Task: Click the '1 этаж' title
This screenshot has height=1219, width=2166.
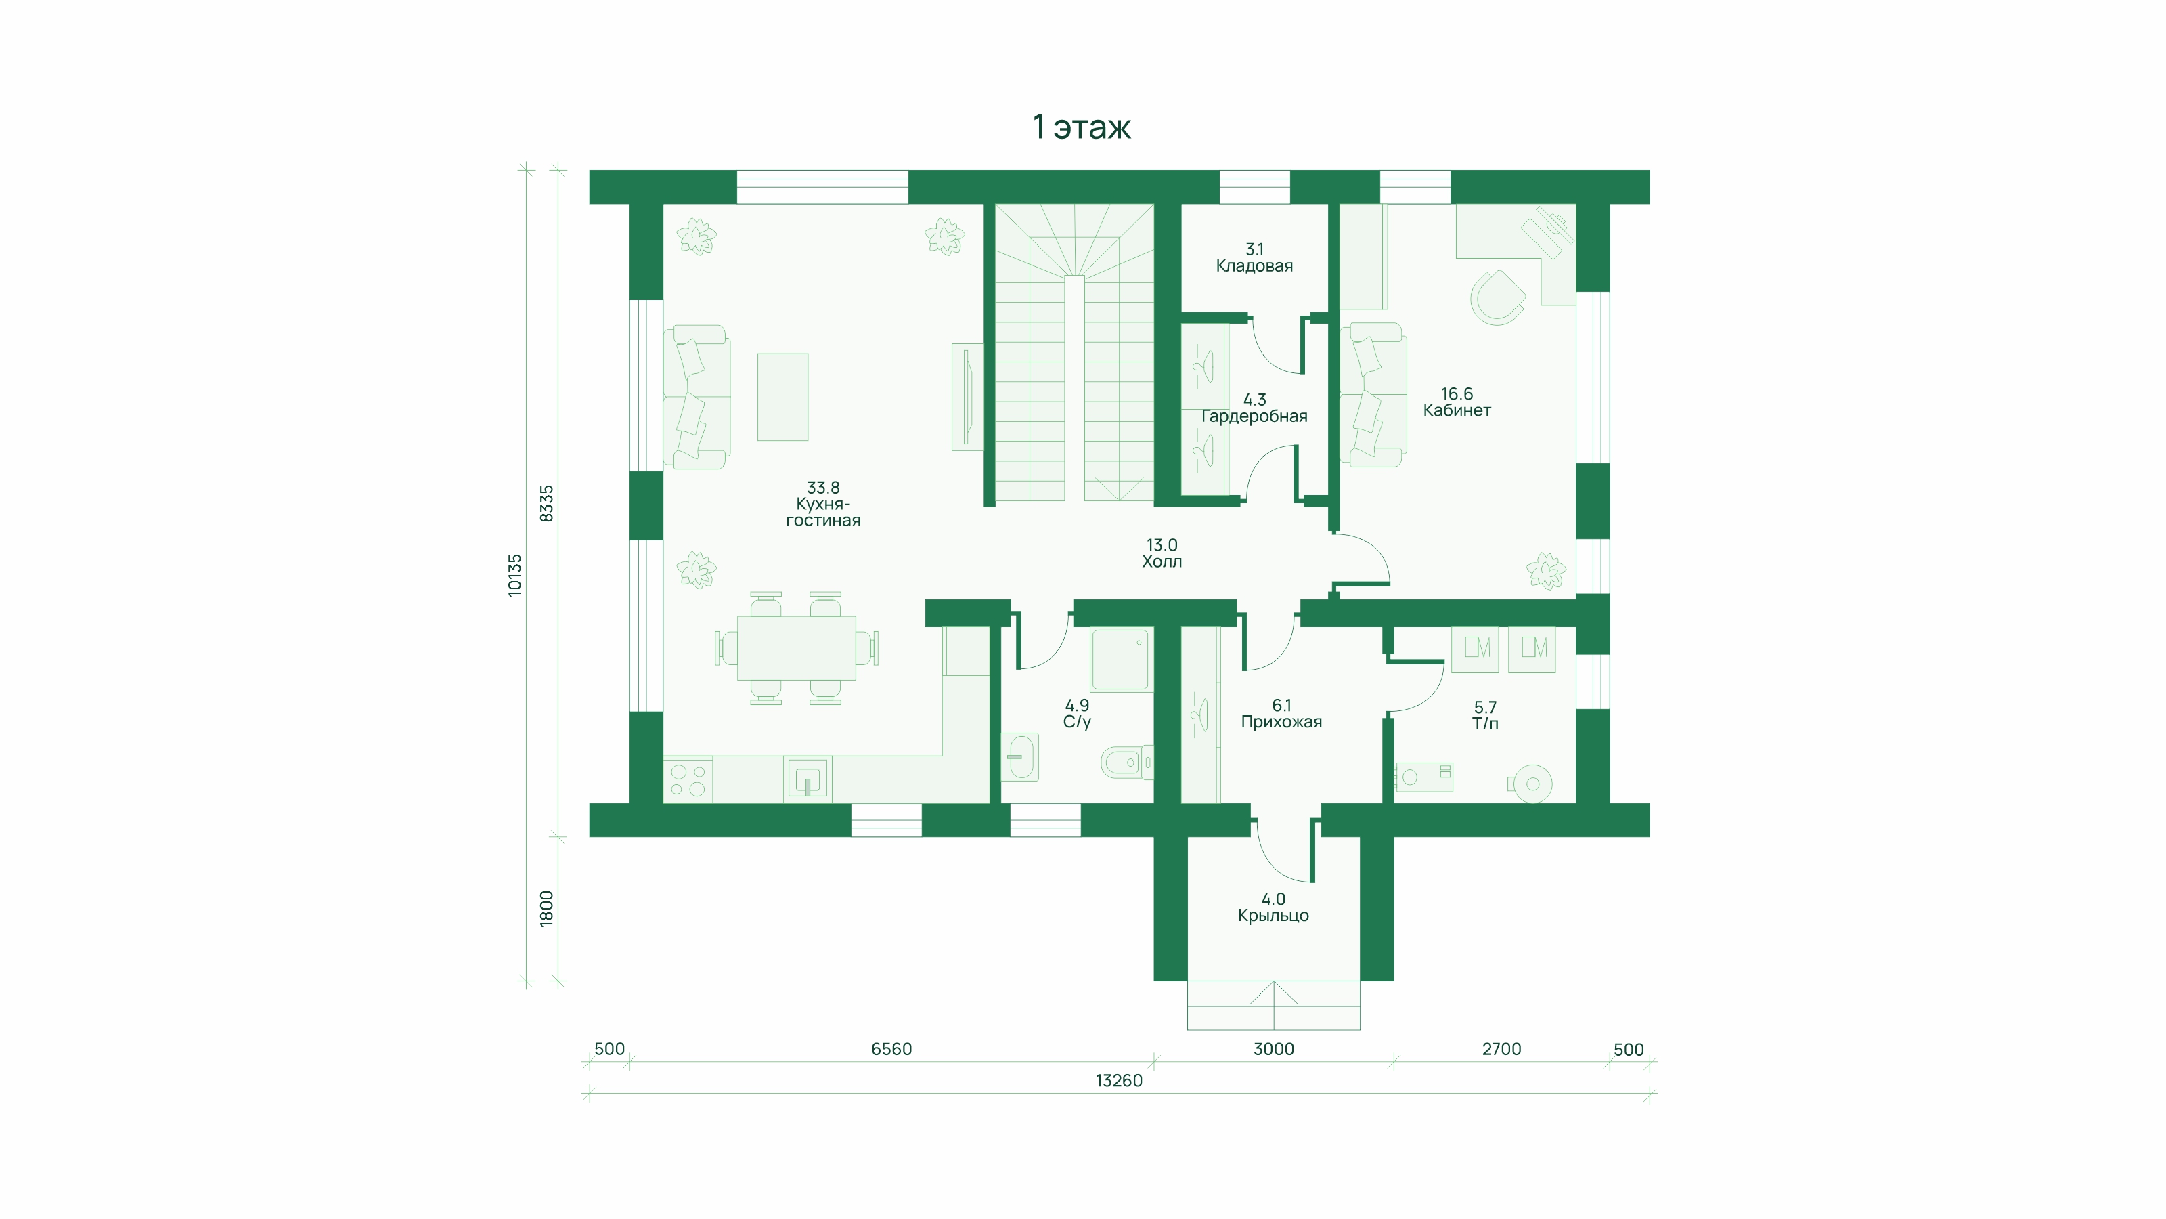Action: click(1082, 127)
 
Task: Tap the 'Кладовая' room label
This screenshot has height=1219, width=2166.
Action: click(1254, 266)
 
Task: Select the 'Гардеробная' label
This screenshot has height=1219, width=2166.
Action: click(1254, 416)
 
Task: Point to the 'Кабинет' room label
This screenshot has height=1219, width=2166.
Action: click(1457, 410)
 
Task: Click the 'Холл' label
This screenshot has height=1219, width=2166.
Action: click(1162, 561)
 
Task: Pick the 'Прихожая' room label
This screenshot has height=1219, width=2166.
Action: click(1281, 722)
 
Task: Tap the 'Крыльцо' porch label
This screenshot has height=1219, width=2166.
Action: click(1273, 916)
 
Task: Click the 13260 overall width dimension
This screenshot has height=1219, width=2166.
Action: click(1118, 1080)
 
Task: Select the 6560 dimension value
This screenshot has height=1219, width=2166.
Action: click(891, 1049)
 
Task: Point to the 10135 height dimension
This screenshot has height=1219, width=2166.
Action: click(514, 576)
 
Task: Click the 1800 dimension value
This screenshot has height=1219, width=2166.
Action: click(546, 909)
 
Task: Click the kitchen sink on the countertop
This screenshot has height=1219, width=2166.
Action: click(808, 778)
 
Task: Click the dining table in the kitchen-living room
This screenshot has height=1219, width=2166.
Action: click(796, 648)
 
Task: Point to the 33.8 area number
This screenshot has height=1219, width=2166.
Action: click(822, 488)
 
